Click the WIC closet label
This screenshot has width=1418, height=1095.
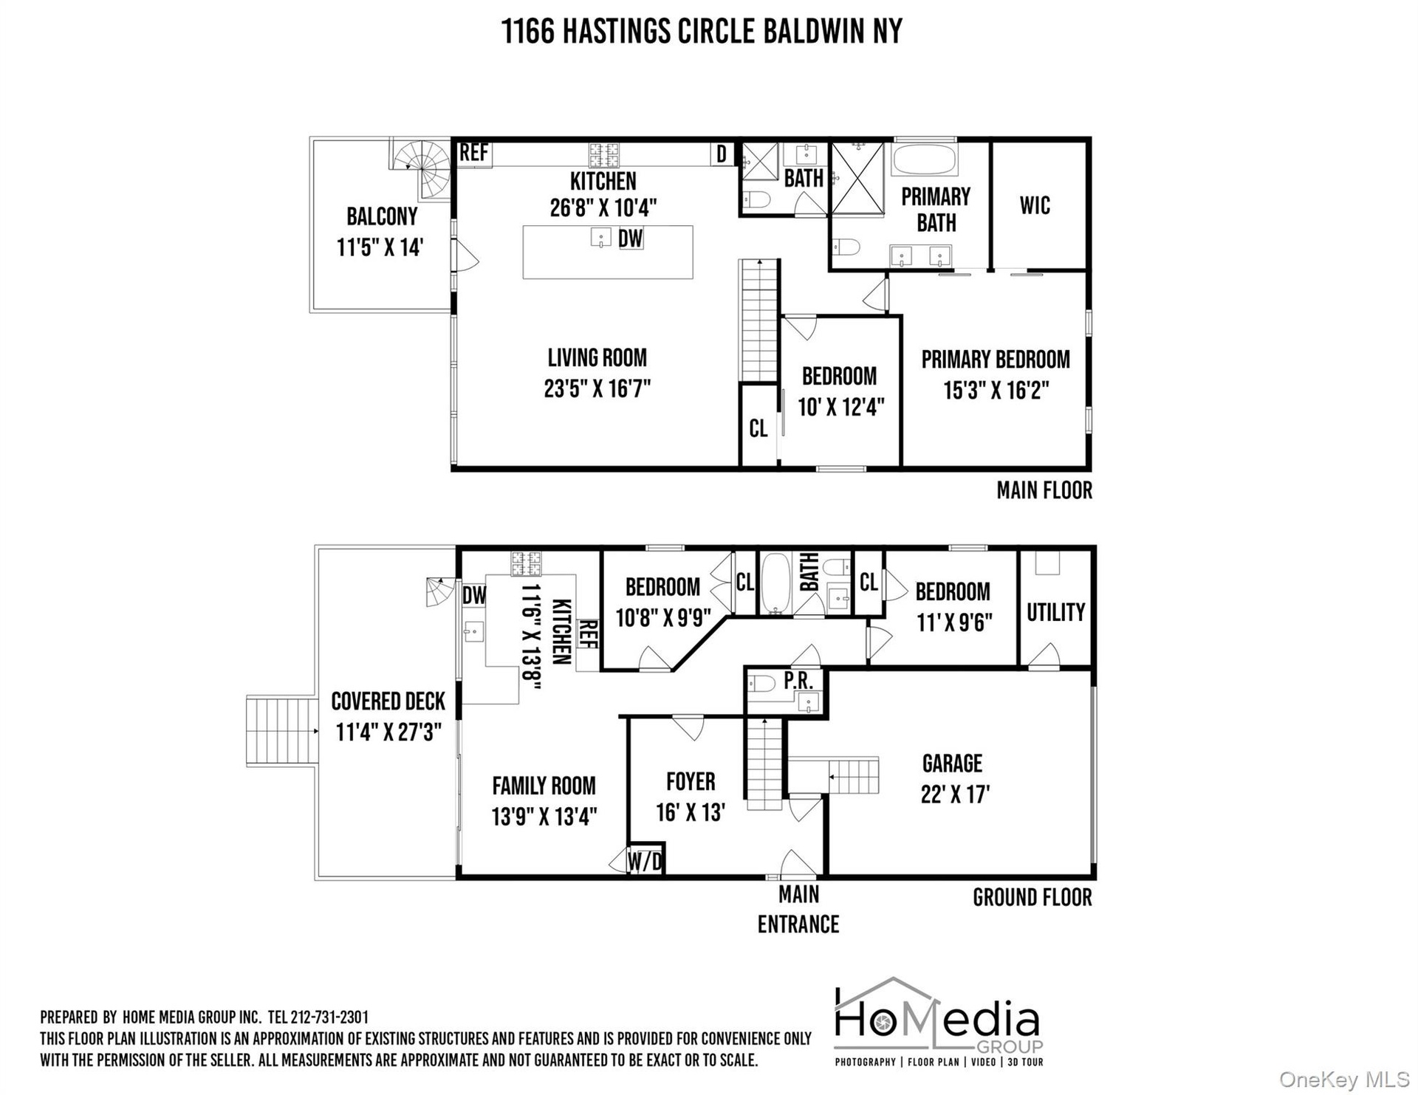click(1035, 205)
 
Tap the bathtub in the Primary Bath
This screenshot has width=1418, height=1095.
click(925, 159)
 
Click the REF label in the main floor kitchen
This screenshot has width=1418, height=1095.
click(473, 153)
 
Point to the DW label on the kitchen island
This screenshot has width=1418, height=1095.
click(630, 238)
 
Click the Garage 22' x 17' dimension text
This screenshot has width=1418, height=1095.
click(955, 794)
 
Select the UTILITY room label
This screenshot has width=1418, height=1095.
click(1055, 612)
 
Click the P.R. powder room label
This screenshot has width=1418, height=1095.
click(798, 682)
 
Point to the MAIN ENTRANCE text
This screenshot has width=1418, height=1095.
click(798, 910)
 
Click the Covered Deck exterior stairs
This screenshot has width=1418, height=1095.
click(281, 731)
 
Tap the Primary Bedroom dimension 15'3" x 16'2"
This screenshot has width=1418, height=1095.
click(996, 390)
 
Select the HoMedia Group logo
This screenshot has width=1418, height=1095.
click(939, 1023)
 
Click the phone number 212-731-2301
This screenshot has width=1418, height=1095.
click(329, 1017)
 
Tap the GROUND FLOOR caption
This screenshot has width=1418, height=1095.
click(1032, 898)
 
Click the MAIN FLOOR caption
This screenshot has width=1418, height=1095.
click(1044, 490)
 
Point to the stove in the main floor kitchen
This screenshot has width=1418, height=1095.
click(603, 155)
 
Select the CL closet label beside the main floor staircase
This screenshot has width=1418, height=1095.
click(758, 428)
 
